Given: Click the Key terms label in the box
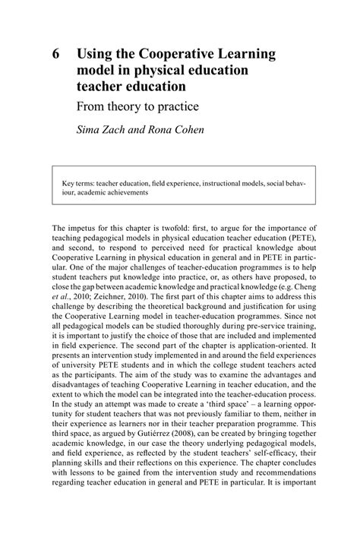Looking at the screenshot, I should pos(79,182).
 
